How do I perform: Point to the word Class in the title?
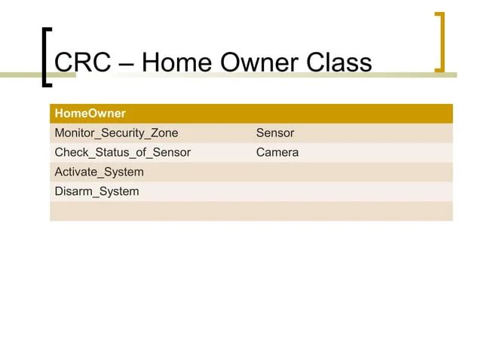[339, 62]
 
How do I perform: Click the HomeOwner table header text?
[90, 114]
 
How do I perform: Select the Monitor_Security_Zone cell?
[116, 133]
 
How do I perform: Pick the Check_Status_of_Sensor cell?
[122, 153]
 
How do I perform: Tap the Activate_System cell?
[99, 172]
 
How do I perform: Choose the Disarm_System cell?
[97, 191]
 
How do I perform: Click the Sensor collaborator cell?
[275, 133]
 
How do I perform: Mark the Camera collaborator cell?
[277, 153]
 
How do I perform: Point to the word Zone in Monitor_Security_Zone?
[164, 133]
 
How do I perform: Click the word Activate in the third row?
[76, 172]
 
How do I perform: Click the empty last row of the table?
[251, 211]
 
